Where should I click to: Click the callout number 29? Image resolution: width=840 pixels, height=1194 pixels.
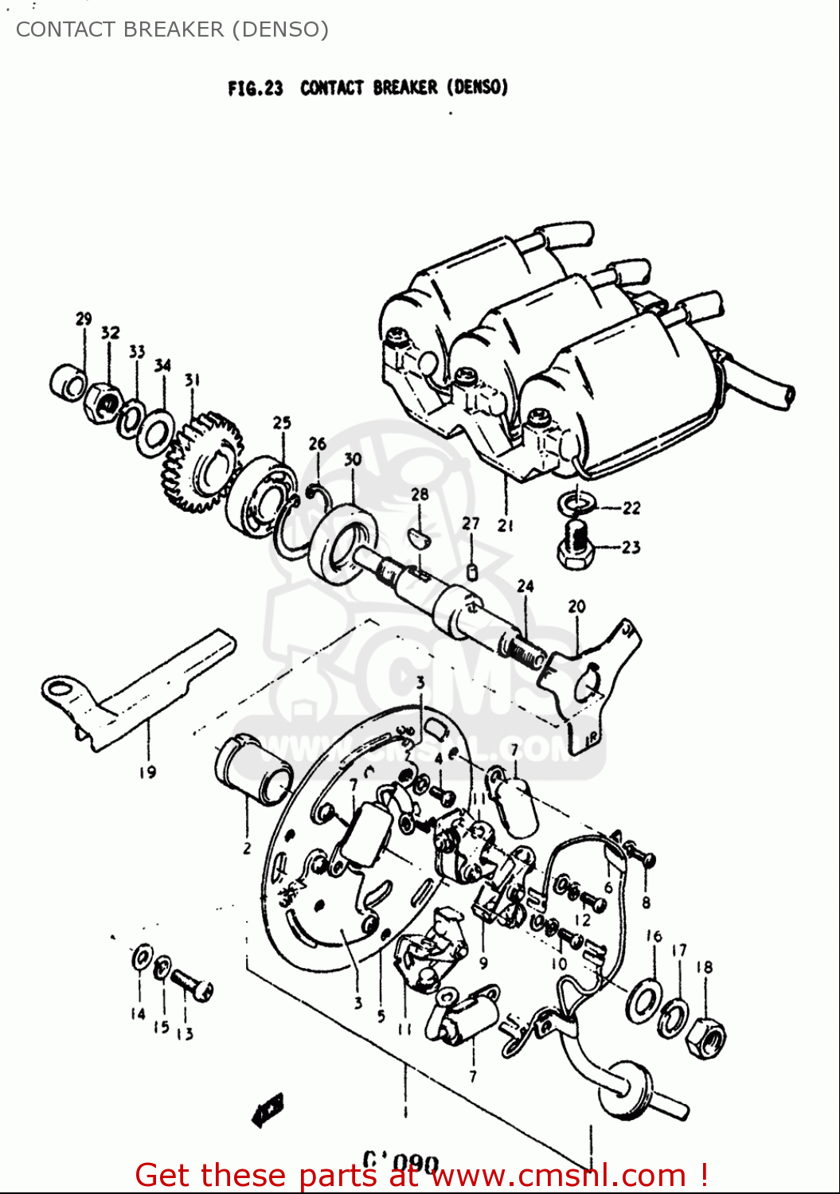[84, 319]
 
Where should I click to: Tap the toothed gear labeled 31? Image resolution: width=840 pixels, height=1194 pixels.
[201, 462]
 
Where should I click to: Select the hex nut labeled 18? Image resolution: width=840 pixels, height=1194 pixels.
[705, 1037]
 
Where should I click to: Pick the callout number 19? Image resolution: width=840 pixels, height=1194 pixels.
[147, 771]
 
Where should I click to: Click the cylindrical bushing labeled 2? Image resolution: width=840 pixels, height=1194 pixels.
[253, 770]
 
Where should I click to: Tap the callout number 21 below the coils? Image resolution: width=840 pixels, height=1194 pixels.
[506, 525]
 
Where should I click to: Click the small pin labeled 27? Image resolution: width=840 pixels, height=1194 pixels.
[471, 571]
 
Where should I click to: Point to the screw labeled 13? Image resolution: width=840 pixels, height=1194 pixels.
[192, 984]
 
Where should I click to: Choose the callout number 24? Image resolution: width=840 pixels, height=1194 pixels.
[525, 587]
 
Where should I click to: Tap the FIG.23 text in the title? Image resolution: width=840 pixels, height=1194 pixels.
[255, 88]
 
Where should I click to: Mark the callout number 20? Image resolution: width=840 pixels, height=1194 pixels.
[576, 607]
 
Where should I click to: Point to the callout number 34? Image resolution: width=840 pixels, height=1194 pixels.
[162, 365]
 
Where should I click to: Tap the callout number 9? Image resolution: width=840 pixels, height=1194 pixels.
[483, 963]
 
